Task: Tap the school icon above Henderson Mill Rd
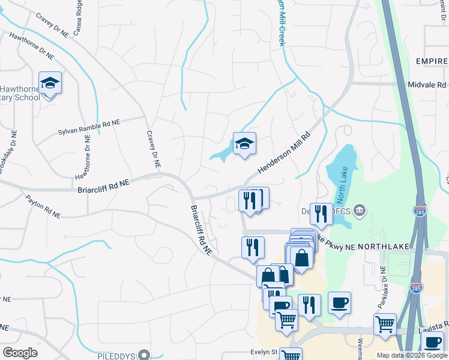tap(244, 144)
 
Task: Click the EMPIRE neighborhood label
tap(431, 62)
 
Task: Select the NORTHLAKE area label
tap(378, 246)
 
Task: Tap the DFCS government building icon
tap(360, 210)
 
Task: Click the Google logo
tap(20, 353)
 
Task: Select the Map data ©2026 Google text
tap(411, 355)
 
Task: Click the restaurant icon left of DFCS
tap(321, 214)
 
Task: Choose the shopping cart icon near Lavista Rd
tap(384, 325)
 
